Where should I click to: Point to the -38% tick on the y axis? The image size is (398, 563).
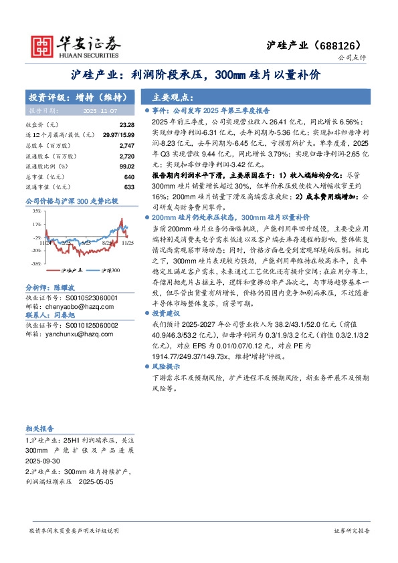click(x=35, y=264)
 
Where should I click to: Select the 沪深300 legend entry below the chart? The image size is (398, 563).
click(x=110, y=270)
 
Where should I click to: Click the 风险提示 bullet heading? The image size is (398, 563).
click(x=166, y=367)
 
